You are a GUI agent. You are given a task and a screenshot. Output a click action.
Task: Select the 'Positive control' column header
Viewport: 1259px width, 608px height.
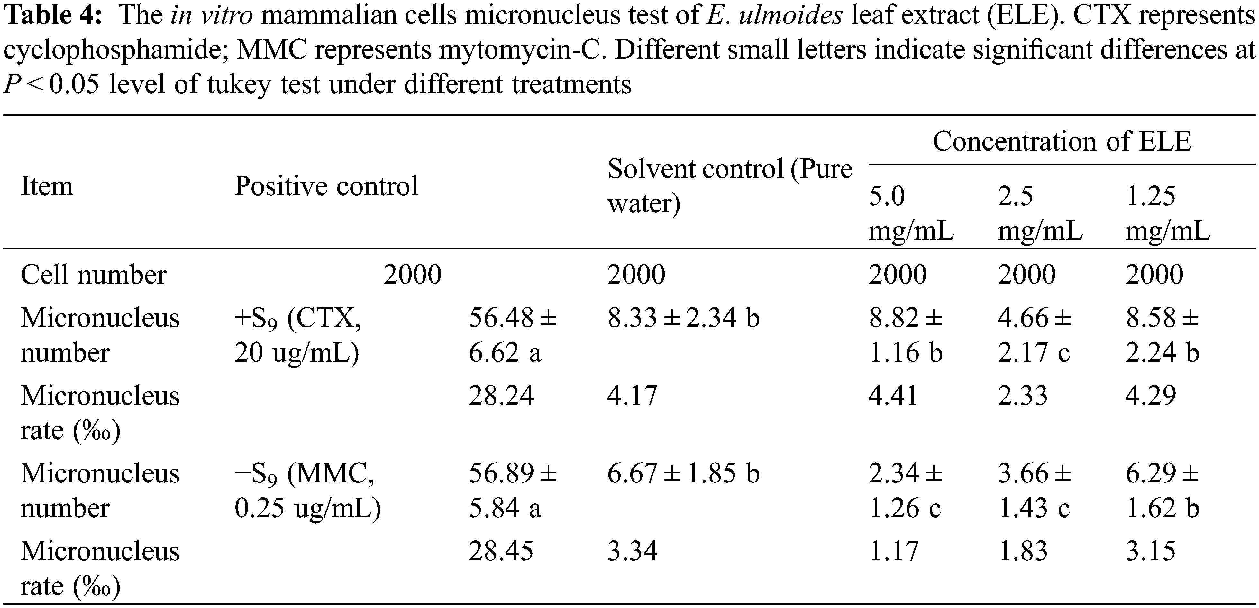coord(326,186)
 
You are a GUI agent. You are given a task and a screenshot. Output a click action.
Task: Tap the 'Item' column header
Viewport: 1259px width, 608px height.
coord(47,186)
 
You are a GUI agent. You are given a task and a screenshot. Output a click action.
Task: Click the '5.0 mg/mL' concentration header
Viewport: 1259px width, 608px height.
coord(910,213)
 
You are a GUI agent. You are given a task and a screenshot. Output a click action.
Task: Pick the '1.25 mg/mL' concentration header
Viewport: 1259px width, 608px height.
coord(1168,213)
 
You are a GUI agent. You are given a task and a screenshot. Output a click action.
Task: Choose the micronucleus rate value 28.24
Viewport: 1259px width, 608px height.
coord(501,396)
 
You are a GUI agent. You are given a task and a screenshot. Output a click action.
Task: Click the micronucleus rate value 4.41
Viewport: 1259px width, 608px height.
coord(893,396)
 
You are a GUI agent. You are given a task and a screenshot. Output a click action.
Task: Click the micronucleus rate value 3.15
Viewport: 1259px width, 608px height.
coord(1150,551)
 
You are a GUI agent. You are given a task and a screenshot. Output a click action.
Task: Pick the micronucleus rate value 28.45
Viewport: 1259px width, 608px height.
coord(501,551)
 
